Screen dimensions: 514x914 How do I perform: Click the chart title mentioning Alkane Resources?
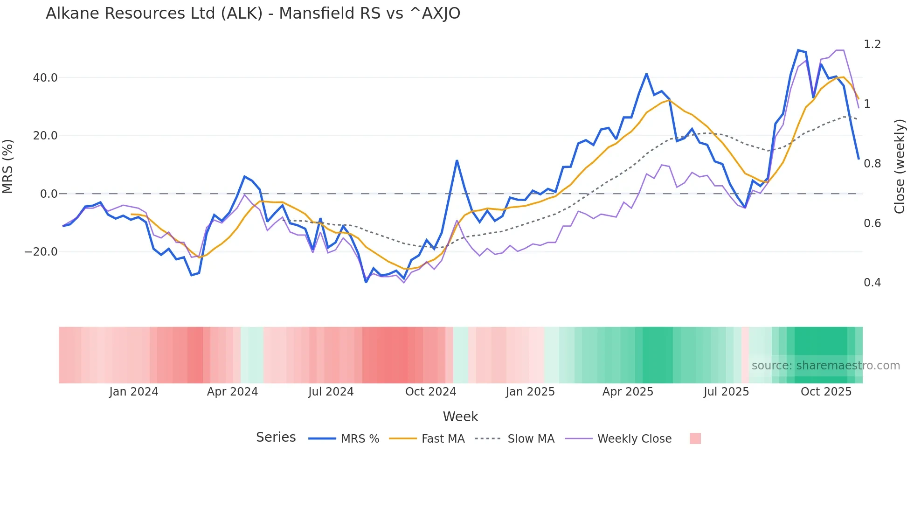tap(253, 14)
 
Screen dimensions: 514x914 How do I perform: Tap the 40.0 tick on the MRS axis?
tap(45, 78)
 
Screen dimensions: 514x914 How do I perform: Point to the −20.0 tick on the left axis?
tap(41, 252)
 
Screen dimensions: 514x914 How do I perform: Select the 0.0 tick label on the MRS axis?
tap(48, 194)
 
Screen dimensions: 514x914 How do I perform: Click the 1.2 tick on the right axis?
tap(872, 44)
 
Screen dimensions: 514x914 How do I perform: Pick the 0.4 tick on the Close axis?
tap(872, 283)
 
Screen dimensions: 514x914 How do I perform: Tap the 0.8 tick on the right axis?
tap(872, 164)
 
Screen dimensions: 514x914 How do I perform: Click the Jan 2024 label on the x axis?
tap(134, 392)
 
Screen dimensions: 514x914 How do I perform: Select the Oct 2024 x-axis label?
tap(430, 392)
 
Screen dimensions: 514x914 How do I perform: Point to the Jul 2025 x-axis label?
tap(726, 392)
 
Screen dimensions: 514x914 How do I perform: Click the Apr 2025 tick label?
tap(628, 392)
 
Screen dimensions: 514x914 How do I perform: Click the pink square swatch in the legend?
tap(695, 439)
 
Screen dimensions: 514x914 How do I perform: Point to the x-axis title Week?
tap(460, 417)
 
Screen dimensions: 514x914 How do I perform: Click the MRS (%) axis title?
tap(8, 167)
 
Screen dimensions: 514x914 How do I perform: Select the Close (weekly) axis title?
tap(900, 167)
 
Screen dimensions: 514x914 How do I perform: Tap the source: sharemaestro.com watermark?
tap(825, 366)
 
